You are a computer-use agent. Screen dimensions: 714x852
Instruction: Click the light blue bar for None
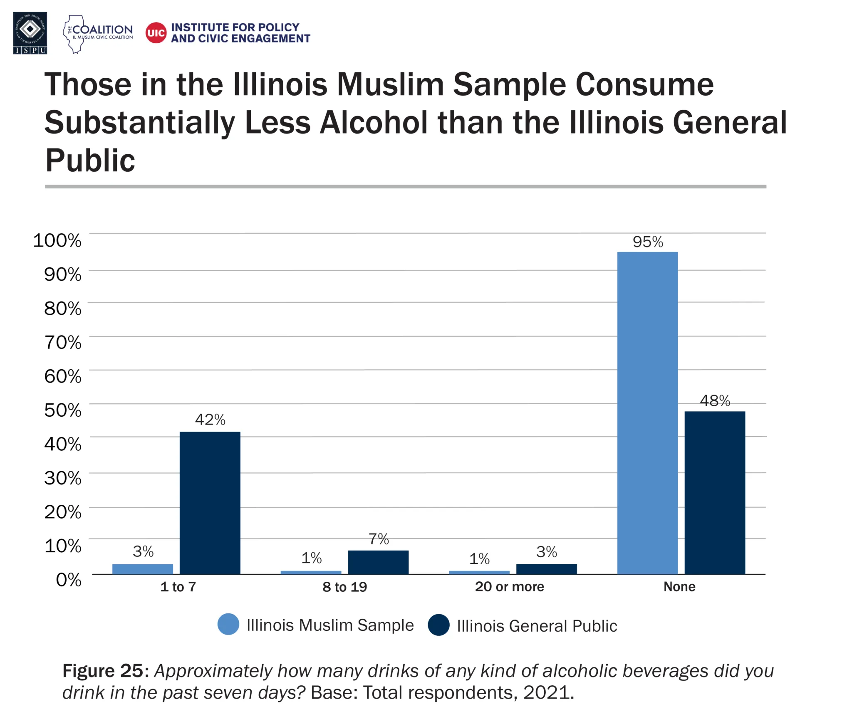(x=647, y=413)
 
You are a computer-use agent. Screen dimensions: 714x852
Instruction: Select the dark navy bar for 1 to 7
(x=210, y=503)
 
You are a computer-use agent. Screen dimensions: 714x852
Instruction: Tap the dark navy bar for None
(x=715, y=492)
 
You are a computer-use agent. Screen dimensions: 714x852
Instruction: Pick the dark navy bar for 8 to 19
(x=378, y=562)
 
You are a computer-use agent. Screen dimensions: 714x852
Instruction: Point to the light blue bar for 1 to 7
(x=143, y=569)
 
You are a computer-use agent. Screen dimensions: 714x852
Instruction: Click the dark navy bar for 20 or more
(x=546, y=569)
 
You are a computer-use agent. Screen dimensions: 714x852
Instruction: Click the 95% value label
(x=648, y=242)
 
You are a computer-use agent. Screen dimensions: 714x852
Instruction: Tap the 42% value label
(x=210, y=420)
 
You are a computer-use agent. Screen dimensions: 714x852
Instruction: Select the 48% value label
(x=715, y=400)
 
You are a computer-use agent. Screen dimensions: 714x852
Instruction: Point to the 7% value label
(x=379, y=539)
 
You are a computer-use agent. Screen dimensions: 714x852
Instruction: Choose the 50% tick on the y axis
(x=63, y=410)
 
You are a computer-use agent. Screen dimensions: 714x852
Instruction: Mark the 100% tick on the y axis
(x=57, y=240)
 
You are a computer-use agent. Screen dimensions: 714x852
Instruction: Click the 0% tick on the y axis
(x=69, y=579)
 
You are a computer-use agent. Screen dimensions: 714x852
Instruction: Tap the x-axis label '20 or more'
(x=509, y=587)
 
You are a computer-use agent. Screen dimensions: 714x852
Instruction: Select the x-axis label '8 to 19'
(x=344, y=587)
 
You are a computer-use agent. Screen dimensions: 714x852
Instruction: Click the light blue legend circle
(x=228, y=624)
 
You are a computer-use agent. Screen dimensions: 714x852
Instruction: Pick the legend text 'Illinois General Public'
(x=537, y=626)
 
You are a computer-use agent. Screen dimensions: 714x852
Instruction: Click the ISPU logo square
(x=30, y=33)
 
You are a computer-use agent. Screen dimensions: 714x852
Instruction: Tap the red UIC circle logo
(x=156, y=33)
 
